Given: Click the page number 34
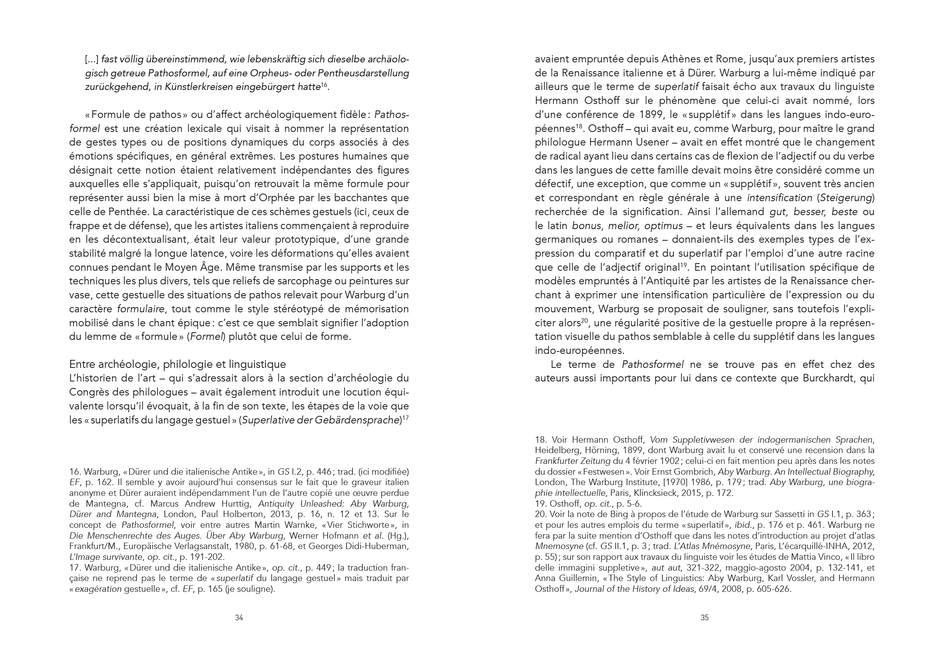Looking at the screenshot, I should click(x=239, y=617).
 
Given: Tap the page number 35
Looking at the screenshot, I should click(x=704, y=617).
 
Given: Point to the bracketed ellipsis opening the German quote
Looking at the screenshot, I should click(x=92, y=59).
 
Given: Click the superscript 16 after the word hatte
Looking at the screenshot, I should click(x=324, y=85).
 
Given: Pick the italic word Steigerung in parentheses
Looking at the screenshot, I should click(x=846, y=198).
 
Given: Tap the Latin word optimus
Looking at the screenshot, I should click(x=663, y=226).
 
